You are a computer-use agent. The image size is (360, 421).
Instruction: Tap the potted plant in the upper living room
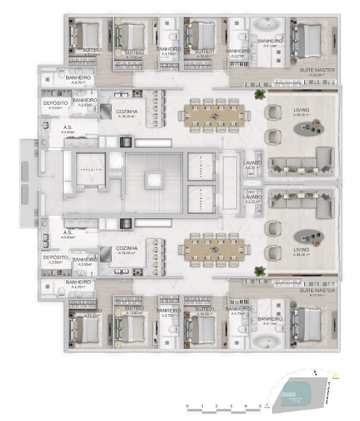(259, 95)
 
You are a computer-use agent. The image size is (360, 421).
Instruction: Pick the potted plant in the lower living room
(259, 271)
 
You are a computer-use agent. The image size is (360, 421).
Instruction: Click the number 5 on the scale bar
(260, 406)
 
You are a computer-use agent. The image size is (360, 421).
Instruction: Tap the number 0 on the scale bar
(188, 406)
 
